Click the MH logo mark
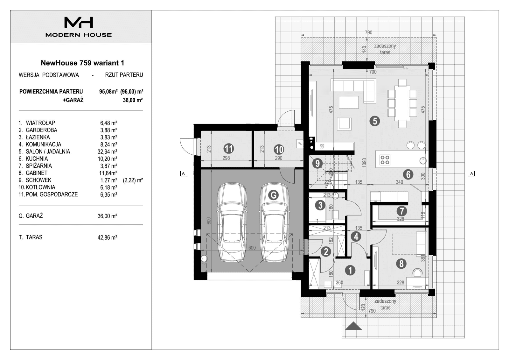click(79, 22)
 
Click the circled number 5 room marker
click(374, 121)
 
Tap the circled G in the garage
click(273, 195)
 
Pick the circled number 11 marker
click(229, 148)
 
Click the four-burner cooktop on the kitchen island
click(385, 159)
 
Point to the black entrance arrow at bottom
click(353, 326)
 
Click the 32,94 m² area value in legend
click(107, 152)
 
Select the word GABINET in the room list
click(37, 173)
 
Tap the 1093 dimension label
click(365, 163)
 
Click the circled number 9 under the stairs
click(317, 164)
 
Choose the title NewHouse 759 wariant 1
click(82, 63)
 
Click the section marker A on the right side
click(472, 173)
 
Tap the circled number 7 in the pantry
click(401, 211)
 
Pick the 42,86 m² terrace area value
click(107, 237)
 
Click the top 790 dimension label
click(368, 32)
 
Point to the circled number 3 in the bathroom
click(320, 205)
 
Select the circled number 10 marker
click(279, 149)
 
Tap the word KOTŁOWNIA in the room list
click(40, 187)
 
